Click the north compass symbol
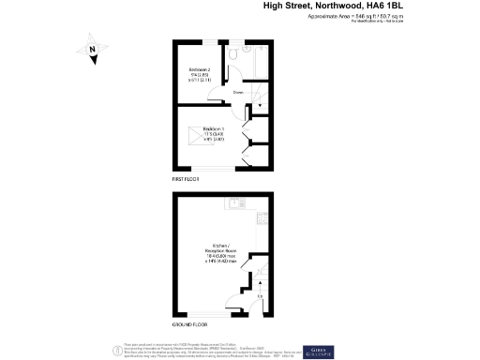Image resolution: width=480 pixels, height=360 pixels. pyautogui.click(x=92, y=52)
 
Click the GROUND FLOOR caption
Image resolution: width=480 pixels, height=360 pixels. pyautogui.click(x=187, y=324)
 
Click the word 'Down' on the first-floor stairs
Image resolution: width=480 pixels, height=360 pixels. pyautogui.click(x=238, y=93)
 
